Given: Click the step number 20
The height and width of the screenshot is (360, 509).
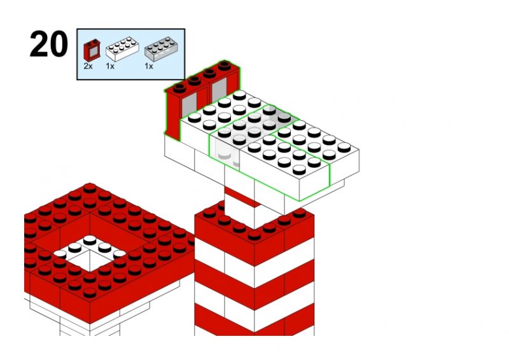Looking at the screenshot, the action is pyautogui.click(x=49, y=44).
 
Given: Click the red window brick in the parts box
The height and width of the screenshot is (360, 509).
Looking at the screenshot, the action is pyautogui.click(x=92, y=50).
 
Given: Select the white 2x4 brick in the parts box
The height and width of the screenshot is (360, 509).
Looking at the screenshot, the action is pyautogui.click(x=122, y=49).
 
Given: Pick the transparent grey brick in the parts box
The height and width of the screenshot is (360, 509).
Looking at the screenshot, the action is pyautogui.click(x=161, y=49).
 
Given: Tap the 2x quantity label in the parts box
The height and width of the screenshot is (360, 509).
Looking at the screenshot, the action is pyautogui.click(x=88, y=66).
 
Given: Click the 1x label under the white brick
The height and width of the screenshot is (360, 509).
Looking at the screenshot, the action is pyautogui.click(x=110, y=66).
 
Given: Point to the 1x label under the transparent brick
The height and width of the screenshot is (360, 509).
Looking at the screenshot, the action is pyautogui.click(x=149, y=66).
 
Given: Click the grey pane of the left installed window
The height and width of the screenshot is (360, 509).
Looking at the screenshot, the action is pyautogui.click(x=189, y=106).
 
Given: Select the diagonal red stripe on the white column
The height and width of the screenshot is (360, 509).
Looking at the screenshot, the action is pyautogui.click(x=242, y=197).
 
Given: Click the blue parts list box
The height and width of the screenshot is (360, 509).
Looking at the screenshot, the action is pyautogui.click(x=131, y=54).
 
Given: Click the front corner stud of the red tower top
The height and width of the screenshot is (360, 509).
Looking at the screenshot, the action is pyautogui.click(x=254, y=235).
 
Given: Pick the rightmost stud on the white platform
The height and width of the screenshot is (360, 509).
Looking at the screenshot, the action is pyautogui.click(x=344, y=148).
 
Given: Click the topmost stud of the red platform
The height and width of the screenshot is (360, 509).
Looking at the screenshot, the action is pyautogui.click(x=90, y=188).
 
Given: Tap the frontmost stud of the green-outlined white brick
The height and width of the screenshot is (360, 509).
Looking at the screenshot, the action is pyautogui.click(x=299, y=169).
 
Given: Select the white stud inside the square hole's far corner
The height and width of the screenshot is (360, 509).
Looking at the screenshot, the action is pyautogui.click(x=90, y=240).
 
